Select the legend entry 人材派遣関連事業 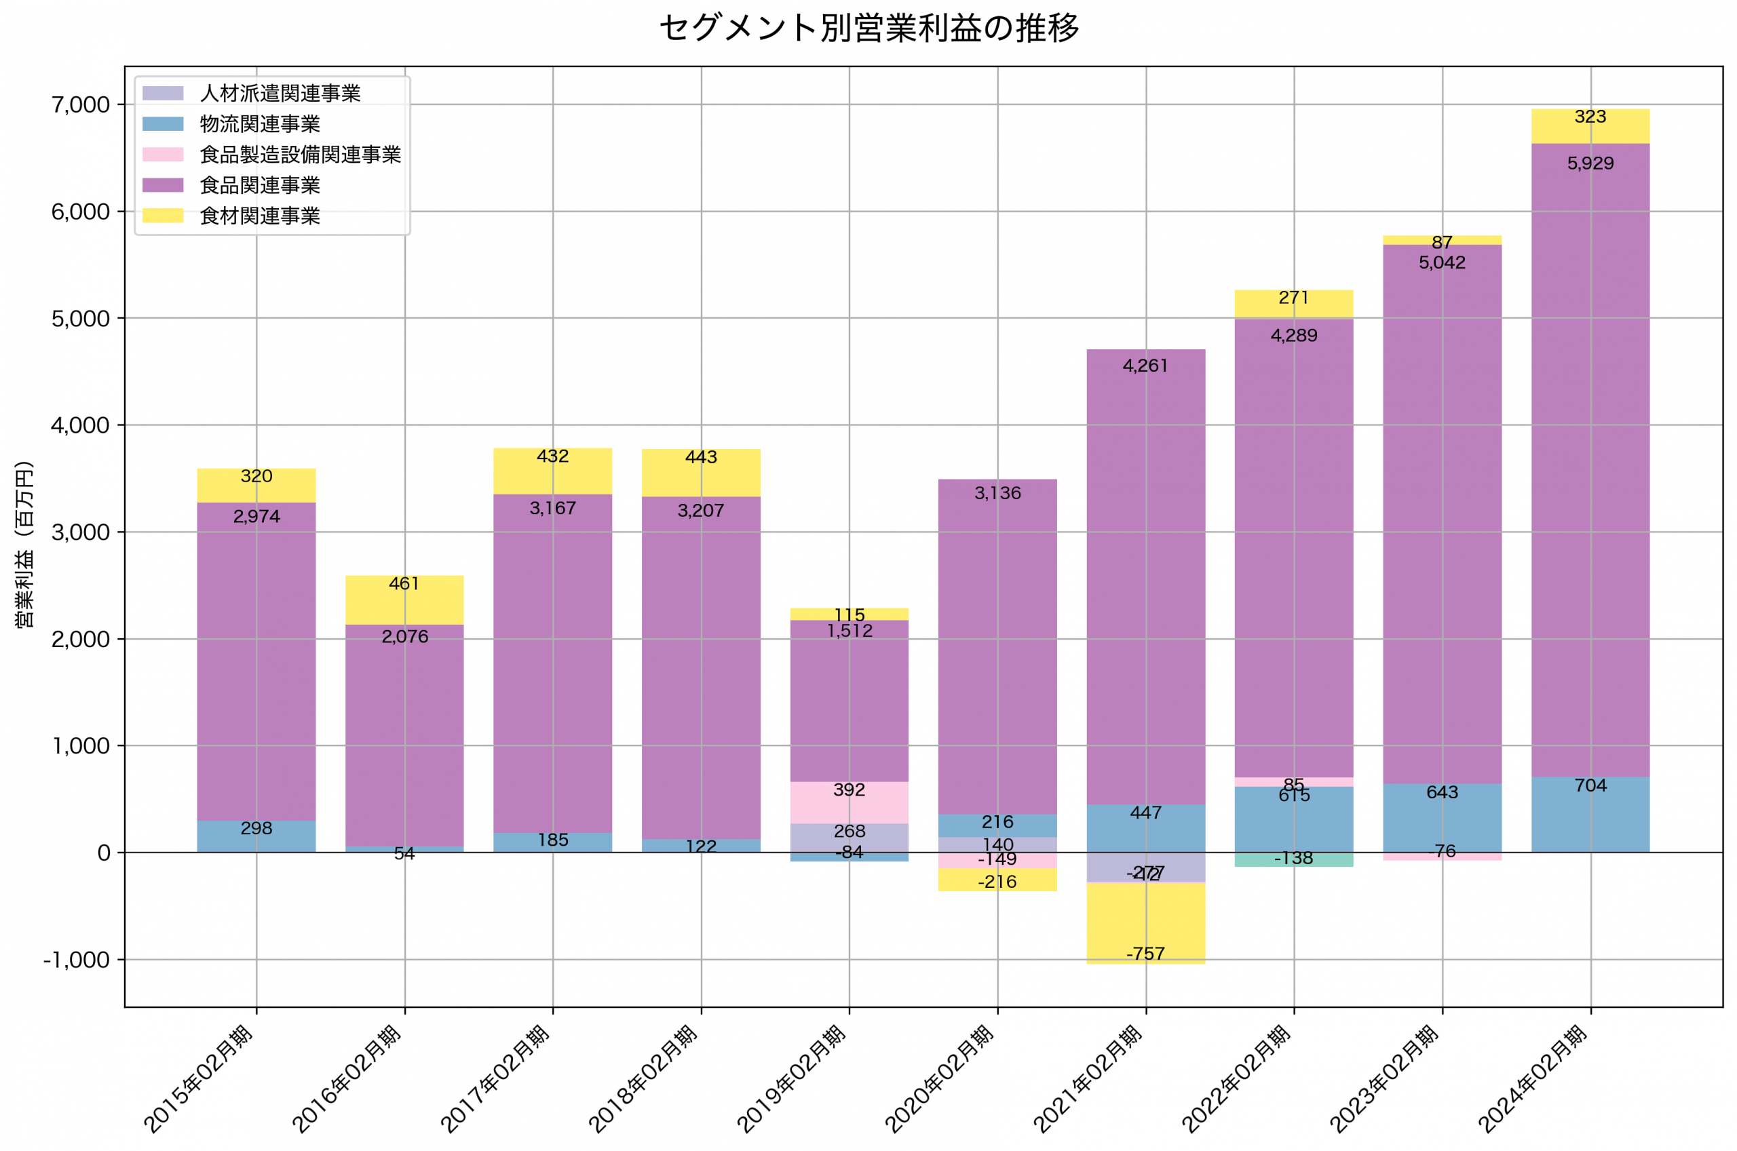pyautogui.click(x=280, y=93)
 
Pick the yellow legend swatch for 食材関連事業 pyautogui.click(x=162, y=216)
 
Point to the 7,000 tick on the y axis pyautogui.click(x=80, y=105)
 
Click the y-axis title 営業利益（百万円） pyautogui.click(x=25, y=544)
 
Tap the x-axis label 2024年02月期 pyautogui.click(x=1533, y=1079)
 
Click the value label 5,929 pyautogui.click(x=1590, y=163)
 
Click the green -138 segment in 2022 pyautogui.click(x=1293, y=859)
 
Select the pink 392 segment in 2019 pyautogui.click(x=850, y=802)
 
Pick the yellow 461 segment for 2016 pyautogui.click(x=404, y=600)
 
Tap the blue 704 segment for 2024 pyautogui.click(x=1590, y=815)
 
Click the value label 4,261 pyautogui.click(x=1145, y=366)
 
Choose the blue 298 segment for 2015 pyautogui.click(x=256, y=836)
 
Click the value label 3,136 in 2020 pyautogui.click(x=997, y=493)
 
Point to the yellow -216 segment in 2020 pyautogui.click(x=997, y=880)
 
